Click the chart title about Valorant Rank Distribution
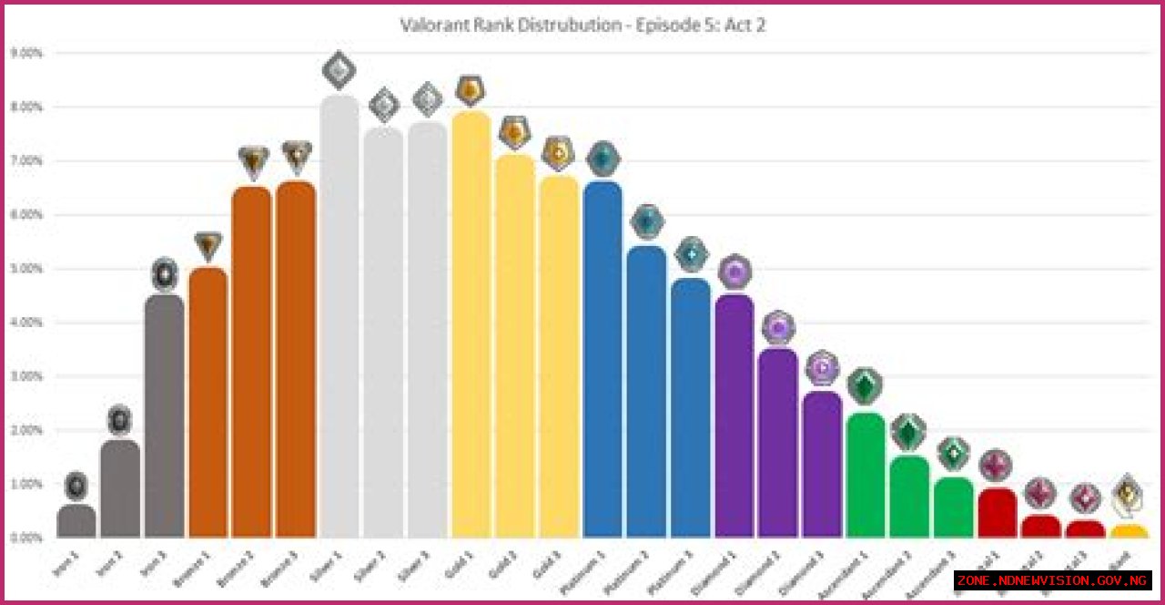(582, 26)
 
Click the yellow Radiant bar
(1129, 531)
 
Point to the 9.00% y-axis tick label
(26, 53)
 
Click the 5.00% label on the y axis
(26, 269)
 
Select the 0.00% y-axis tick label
(26, 538)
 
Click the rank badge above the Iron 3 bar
(164, 273)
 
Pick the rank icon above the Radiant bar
(1128, 494)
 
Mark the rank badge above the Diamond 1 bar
(734, 272)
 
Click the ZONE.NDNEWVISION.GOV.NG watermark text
(1052, 580)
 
